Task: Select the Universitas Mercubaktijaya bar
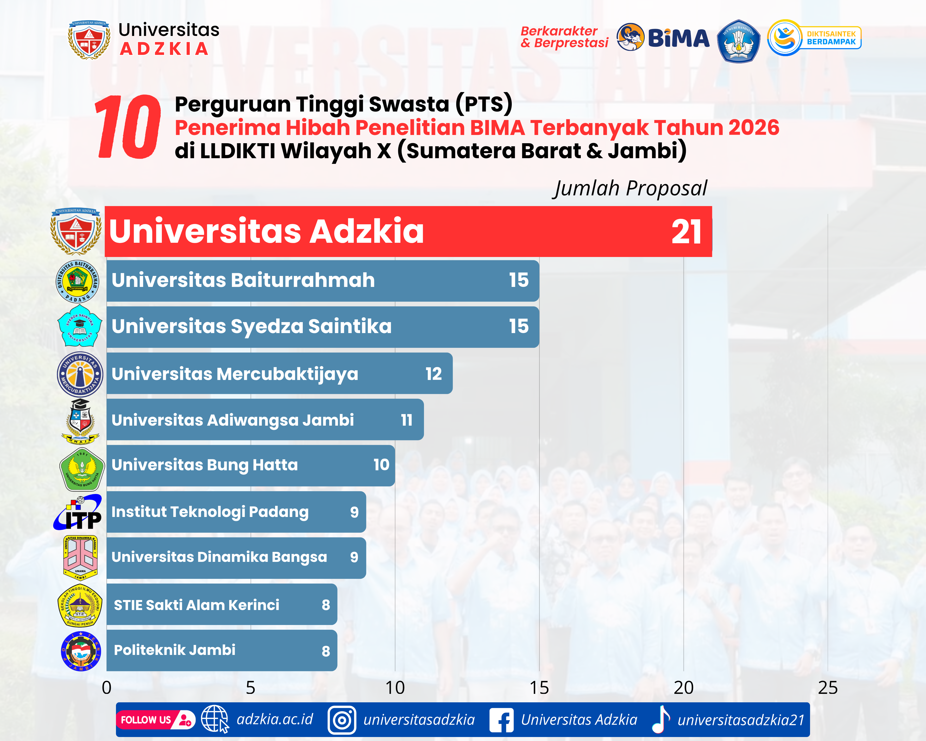tap(279, 373)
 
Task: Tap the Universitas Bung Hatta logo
tap(82, 469)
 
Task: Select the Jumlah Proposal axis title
tap(630, 188)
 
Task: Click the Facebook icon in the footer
tap(501, 720)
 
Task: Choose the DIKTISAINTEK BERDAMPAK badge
tap(814, 38)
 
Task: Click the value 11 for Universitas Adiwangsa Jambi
tap(406, 420)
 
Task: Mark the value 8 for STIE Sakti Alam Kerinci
tap(325, 605)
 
